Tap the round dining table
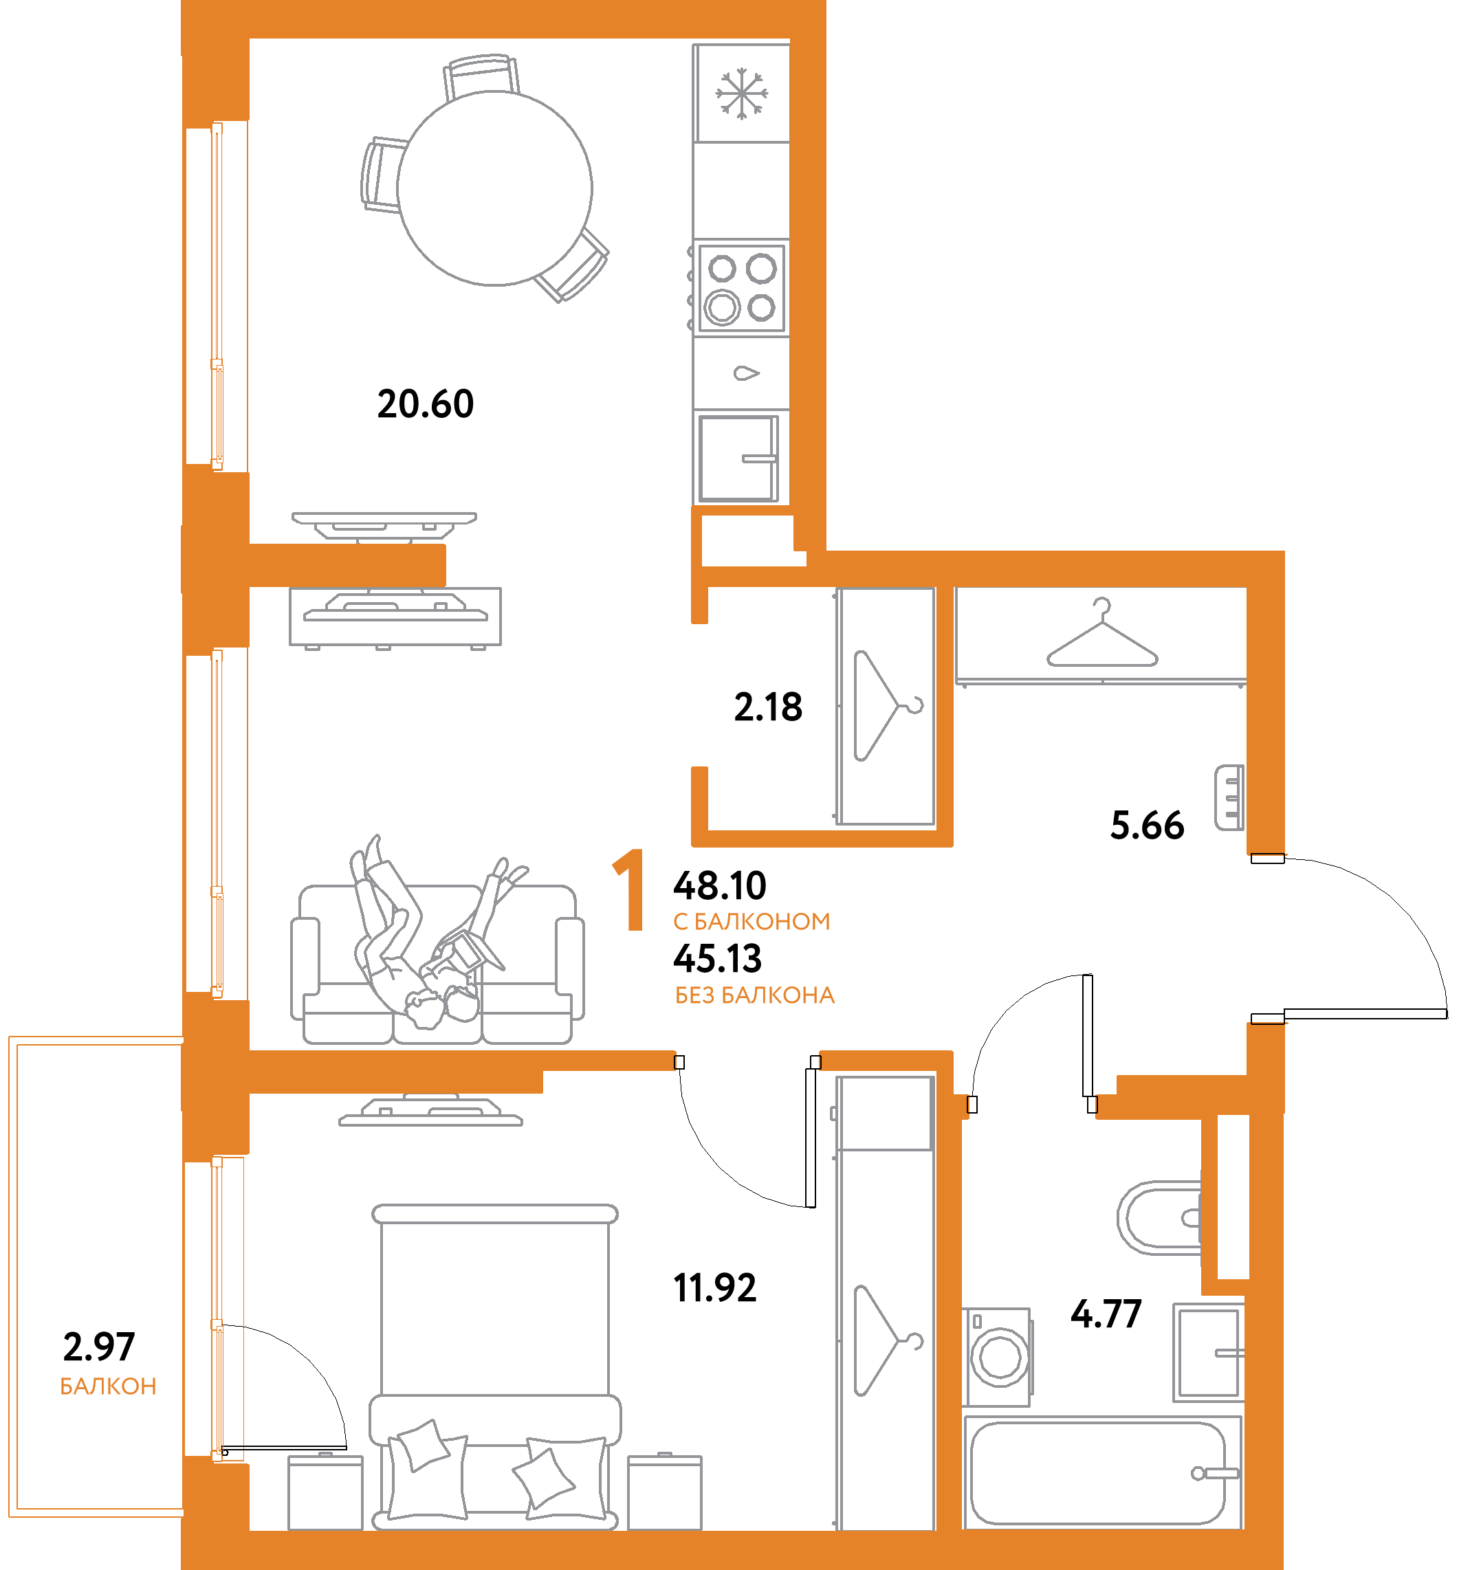[x=495, y=188]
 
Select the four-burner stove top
[x=741, y=288]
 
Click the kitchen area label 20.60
[x=426, y=403]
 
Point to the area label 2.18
[x=768, y=707]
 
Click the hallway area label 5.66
[x=1147, y=826]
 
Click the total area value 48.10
[x=720, y=885]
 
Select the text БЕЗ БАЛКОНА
[x=754, y=995]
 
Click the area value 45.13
[x=717, y=959]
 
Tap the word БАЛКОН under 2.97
[x=108, y=1386]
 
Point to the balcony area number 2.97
[x=99, y=1347]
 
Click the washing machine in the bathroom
[x=998, y=1357]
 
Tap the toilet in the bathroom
[x=1158, y=1218]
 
